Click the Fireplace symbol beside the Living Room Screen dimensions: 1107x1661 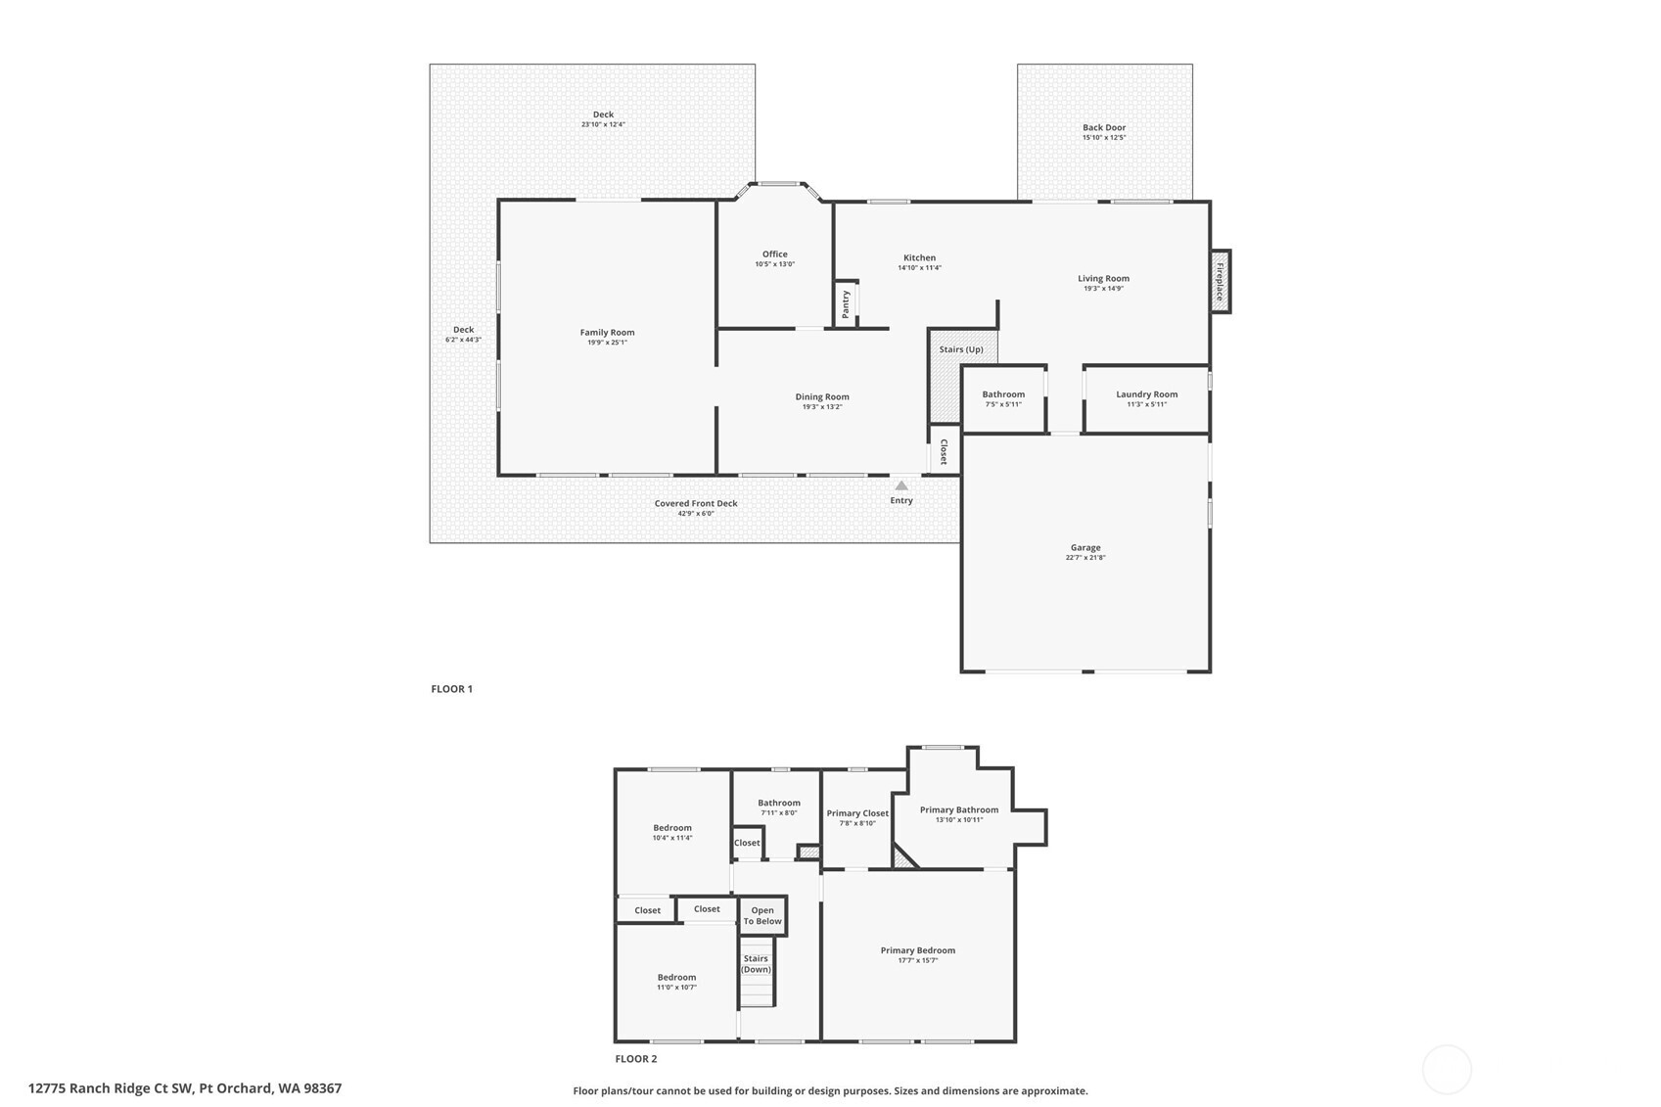tap(1220, 282)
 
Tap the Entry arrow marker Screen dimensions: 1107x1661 tap(901, 485)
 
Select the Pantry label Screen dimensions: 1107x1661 tap(846, 303)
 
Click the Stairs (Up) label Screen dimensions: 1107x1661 tap(961, 349)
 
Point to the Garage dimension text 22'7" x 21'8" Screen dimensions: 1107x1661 tap(1085, 558)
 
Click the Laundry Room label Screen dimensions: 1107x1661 tap(1146, 394)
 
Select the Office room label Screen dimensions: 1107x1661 tap(774, 254)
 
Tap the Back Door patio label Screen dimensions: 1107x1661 tap(1104, 127)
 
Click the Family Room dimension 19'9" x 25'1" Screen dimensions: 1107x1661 tap(607, 343)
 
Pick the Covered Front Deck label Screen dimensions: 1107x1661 tap(696, 503)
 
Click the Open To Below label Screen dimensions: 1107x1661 tap(762, 916)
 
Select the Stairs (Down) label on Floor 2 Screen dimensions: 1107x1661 tap(756, 964)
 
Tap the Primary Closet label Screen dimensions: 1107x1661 tap(857, 813)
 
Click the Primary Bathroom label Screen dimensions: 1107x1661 tap(959, 809)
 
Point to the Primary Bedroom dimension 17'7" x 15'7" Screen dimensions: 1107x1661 tap(918, 960)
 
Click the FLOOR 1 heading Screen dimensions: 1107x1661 tap(451, 689)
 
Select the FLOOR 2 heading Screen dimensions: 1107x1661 tap(636, 1059)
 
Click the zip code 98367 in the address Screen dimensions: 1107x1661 tap(323, 1088)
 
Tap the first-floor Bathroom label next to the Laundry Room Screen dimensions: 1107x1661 tap(1003, 394)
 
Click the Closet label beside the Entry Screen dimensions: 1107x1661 tap(944, 451)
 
